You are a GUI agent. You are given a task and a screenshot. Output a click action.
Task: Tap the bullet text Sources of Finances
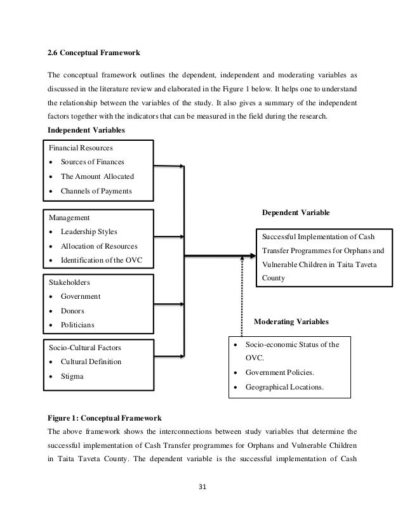tap(92, 162)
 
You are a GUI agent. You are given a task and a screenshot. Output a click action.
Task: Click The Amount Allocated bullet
tap(97, 176)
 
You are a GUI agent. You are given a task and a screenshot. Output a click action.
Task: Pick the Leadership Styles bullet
tap(89, 232)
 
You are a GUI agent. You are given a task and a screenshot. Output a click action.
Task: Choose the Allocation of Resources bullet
tap(98, 246)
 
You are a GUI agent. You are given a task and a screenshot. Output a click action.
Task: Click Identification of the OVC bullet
tap(102, 261)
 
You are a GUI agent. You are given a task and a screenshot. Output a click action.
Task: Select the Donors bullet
tap(72, 311)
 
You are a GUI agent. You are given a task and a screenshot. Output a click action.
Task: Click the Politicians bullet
tap(77, 325)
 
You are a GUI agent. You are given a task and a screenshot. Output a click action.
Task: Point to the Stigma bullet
tap(72, 376)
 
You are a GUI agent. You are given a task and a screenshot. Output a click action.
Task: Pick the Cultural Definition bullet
tap(91, 362)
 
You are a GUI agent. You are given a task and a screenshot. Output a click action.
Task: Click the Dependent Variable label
tap(296, 212)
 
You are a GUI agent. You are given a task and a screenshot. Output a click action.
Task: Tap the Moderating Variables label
tap(291, 322)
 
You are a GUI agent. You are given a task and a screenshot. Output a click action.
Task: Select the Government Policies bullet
tap(279, 372)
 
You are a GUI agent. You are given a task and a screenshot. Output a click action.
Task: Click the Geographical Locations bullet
tap(284, 386)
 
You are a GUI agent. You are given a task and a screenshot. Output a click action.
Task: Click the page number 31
tap(202, 487)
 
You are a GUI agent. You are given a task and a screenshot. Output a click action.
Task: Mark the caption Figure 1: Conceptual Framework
tap(105, 419)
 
